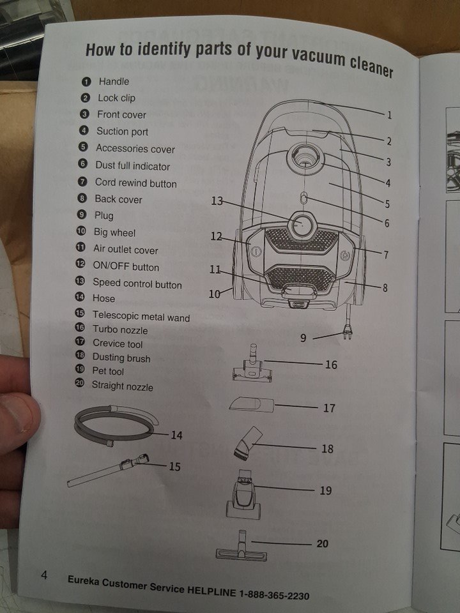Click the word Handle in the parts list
point(114,81)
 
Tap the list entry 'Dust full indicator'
point(133,166)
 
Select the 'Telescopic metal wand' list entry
point(141,316)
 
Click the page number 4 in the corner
point(44,574)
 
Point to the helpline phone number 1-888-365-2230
point(274,594)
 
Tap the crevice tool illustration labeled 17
point(251,404)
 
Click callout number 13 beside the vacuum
point(217,201)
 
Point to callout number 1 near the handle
point(390,116)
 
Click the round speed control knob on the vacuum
point(302,224)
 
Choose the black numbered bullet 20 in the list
point(79,384)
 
